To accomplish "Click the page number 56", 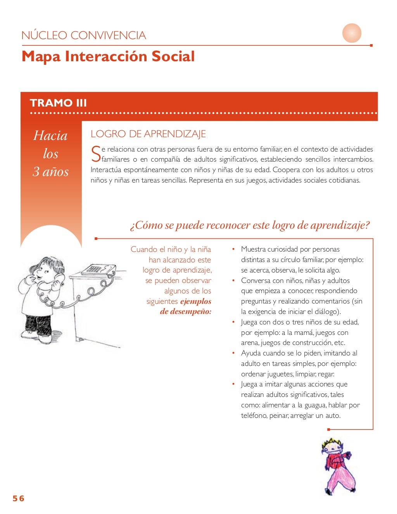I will [x=18, y=498].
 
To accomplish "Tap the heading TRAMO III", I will [x=58, y=103].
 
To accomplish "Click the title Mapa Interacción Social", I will [x=108, y=57].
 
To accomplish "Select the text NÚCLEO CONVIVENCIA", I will [x=84, y=36].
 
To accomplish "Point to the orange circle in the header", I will [x=352, y=33].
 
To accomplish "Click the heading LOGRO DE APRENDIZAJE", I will [x=148, y=134].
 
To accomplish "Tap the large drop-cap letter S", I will [x=95, y=154].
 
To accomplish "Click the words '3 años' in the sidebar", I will [x=51, y=171].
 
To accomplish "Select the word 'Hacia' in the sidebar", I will [x=50, y=136].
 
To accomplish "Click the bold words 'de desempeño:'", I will [x=186, y=312].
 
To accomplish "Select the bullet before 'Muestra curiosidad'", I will [x=233, y=249].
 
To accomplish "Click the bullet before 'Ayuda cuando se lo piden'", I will [x=233, y=353].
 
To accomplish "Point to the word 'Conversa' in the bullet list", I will [x=256, y=281].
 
